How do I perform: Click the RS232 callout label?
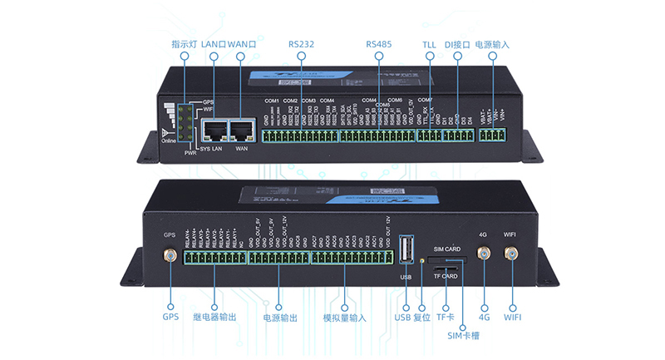(x=301, y=43)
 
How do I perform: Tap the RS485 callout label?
(x=379, y=43)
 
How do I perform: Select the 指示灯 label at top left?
(x=183, y=43)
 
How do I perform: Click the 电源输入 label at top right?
(x=492, y=43)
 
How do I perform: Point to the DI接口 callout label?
(x=457, y=43)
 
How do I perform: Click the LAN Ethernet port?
(x=216, y=130)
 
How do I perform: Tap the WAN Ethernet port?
(x=242, y=130)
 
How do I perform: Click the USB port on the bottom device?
(x=406, y=252)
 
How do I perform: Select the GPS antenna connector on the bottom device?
(x=170, y=256)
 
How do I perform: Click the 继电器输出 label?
(x=214, y=318)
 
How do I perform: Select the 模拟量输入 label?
(x=345, y=318)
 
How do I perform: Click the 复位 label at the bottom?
(x=422, y=318)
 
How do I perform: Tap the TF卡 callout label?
(x=446, y=318)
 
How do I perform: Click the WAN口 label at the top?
(x=241, y=43)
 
